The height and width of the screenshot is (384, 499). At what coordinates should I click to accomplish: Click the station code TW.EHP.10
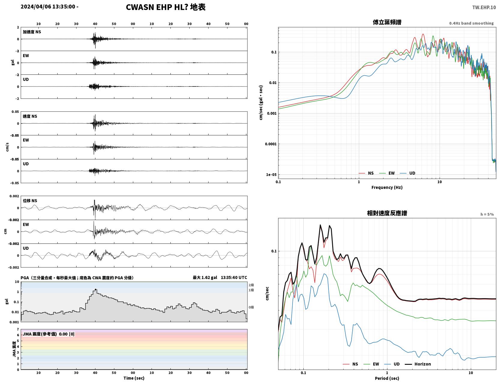[484, 7]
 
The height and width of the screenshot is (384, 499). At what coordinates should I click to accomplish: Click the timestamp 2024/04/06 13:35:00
[48, 6]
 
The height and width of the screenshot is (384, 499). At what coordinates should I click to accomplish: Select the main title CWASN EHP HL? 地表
[166, 7]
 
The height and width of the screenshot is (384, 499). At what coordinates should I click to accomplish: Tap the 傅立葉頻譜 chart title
[387, 22]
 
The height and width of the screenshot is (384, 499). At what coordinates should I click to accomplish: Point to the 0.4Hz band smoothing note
[471, 23]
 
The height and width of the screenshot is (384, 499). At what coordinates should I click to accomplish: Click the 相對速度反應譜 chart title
[387, 213]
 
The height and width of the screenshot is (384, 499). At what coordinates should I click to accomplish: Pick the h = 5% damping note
[487, 214]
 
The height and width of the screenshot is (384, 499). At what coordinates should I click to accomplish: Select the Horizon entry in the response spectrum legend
[417, 364]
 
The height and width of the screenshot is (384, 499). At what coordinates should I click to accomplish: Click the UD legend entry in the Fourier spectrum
[407, 173]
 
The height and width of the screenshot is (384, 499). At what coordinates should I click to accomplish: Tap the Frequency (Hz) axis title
[387, 187]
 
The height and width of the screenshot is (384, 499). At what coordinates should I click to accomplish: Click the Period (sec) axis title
[387, 378]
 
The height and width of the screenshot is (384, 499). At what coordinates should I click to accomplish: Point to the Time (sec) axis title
[134, 378]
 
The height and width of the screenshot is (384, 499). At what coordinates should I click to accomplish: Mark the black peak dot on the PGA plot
[95, 290]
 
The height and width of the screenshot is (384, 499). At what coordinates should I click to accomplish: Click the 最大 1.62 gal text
[205, 277]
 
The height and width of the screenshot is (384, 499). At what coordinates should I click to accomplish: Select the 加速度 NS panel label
[32, 32]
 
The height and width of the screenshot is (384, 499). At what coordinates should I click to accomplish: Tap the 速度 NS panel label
[30, 116]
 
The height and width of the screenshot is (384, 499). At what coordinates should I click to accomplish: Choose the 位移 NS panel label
[30, 201]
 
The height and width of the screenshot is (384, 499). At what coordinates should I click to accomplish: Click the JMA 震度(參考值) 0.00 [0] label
[48, 334]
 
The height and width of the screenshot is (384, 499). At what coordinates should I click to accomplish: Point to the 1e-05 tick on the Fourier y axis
[271, 174]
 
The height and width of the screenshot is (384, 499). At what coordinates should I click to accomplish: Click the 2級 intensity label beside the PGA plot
[251, 285]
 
